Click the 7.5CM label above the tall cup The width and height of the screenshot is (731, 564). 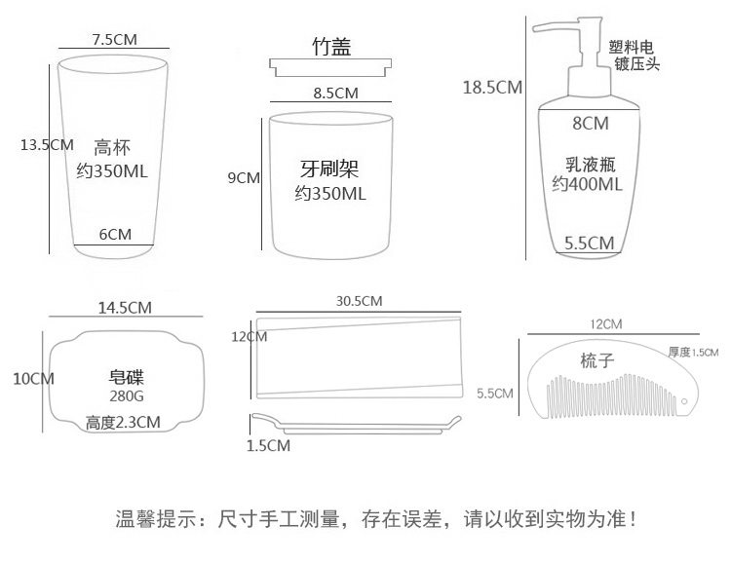point(114,40)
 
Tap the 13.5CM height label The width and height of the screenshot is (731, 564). point(47,144)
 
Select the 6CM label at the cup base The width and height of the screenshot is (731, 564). point(115,234)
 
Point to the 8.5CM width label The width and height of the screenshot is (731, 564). point(336,94)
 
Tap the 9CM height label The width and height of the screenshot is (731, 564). point(243,177)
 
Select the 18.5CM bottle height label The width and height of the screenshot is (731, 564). point(492,88)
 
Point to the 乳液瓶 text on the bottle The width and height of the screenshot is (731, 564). point(588,162)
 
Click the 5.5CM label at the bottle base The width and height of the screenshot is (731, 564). point(590,243)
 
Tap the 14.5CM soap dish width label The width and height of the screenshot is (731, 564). point(125,308)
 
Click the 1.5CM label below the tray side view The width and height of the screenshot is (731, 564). point(268,446)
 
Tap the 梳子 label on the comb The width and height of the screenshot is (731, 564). point(596,361)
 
